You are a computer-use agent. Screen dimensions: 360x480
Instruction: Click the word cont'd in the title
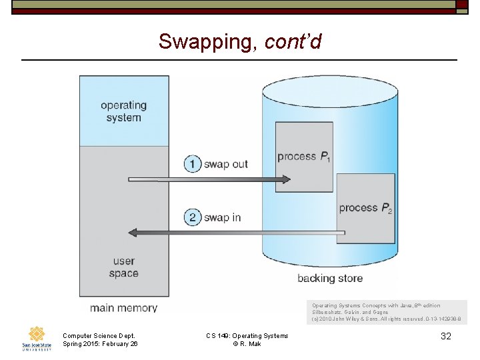[x=293, y=42]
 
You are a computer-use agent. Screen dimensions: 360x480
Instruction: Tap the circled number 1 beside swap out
[x=193, y=164]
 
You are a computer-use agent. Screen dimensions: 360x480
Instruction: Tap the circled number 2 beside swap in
[x=193, y=217]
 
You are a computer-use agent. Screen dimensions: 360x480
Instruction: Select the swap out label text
[x=225, y=164]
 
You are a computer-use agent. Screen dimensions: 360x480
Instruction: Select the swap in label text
[x=222, y=217]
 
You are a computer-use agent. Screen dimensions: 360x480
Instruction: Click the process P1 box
[x=304, y=157]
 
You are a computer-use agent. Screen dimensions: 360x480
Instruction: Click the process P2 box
[x=365, y=208]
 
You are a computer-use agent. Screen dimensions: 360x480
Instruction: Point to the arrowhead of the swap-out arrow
[x=285, y=179]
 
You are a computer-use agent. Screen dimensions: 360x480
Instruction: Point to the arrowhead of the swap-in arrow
[x=133, y=232]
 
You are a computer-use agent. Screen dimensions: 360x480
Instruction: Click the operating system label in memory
[x=123, y=111]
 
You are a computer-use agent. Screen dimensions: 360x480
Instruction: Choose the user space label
[x=124, y=267]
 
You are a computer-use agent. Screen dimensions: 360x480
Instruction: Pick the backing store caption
[x=330, y=278]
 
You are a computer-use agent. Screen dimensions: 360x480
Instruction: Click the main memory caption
[x=123, y=308]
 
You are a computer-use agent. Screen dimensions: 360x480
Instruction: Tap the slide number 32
[x=446, y=336]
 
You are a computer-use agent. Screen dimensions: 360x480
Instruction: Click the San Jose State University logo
[x=37, y=338]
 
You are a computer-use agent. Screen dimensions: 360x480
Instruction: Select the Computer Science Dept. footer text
[x=99, y=335]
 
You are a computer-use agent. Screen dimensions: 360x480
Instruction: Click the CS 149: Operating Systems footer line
[x=247, y=335]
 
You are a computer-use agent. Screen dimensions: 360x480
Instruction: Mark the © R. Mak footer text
[x=247, y=343]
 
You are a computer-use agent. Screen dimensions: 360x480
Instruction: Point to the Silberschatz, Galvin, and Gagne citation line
[x=350, y=312]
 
